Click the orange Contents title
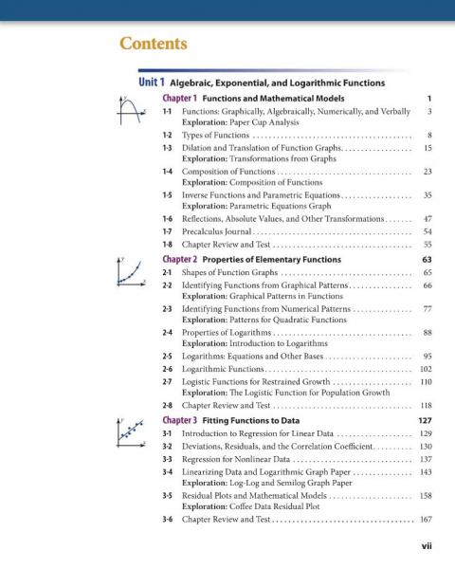coord(153,45)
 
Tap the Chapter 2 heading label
coord(180,259)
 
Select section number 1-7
coord(167,230)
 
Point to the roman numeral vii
coord(427,547)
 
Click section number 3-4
coord(167,471)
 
